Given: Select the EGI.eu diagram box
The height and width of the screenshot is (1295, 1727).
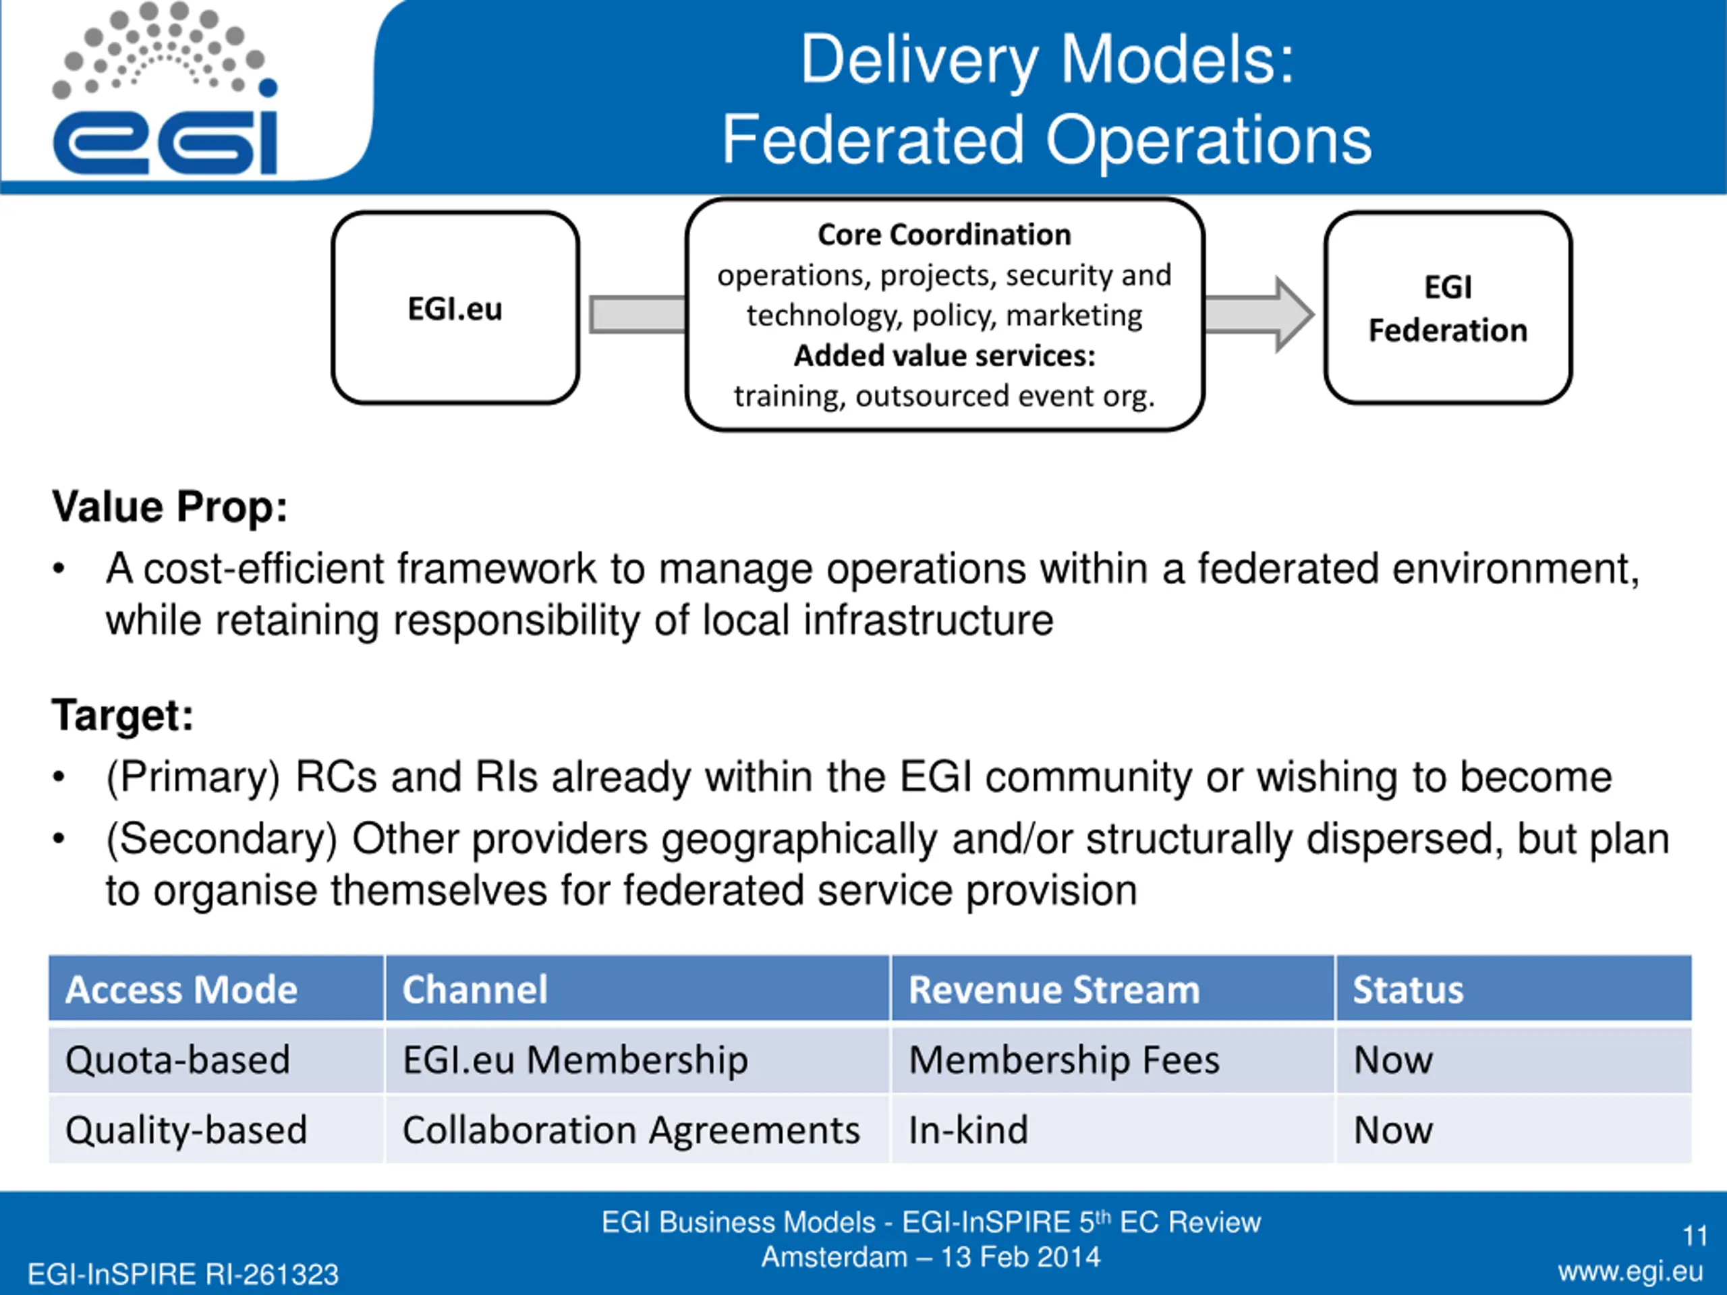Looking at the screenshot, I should pyautogui.click(x=455, y=308).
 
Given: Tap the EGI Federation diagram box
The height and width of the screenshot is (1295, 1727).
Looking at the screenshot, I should pyautogui.click(x=1448, y=308).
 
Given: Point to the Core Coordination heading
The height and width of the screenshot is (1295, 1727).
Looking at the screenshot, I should pyautogui.click(x=944, y=234).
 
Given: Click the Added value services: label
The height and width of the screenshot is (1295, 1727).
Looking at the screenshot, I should pyautogui.click(x=944, y=356).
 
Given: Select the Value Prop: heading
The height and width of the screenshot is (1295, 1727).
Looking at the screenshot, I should pyautogui.click(x=169, y=507).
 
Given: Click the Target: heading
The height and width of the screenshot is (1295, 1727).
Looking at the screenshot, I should pyautogui.click(x=123, y=715).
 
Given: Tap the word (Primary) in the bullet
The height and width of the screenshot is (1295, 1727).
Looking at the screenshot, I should pyautogui.click(x=193, y=778).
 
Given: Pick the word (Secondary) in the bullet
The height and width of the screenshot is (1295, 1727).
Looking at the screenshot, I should pyautogui.click(x=222, y=840).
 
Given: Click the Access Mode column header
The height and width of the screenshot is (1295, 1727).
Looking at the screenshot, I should pyautogui.click(x=181, y=989).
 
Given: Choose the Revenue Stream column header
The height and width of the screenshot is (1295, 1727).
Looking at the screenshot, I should pyautogui.click(x=1054, y=989).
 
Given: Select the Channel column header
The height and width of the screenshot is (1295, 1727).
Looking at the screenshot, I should pyautogui.click(x=475, y=989).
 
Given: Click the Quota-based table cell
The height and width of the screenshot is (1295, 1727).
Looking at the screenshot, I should pyautogui.click(x=178, y=1060).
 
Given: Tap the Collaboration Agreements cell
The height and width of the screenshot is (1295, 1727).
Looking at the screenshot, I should pyautogui.click(x=631, y=1130).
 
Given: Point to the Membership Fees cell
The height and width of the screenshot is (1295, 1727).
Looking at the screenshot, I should pyautogui.click(x=1064, y=1060).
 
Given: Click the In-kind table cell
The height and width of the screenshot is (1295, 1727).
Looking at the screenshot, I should pyautogui.click(x=968, y=1130).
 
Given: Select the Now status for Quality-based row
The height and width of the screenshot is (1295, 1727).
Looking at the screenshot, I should pyautogui.click(x=1394, y=1130).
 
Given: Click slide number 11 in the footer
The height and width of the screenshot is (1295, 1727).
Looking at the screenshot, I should pyautogui.click(x=1694, y=1236).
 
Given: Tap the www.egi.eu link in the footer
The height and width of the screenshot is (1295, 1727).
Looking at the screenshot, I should pyautogui.click(x=1630, y=1272).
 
